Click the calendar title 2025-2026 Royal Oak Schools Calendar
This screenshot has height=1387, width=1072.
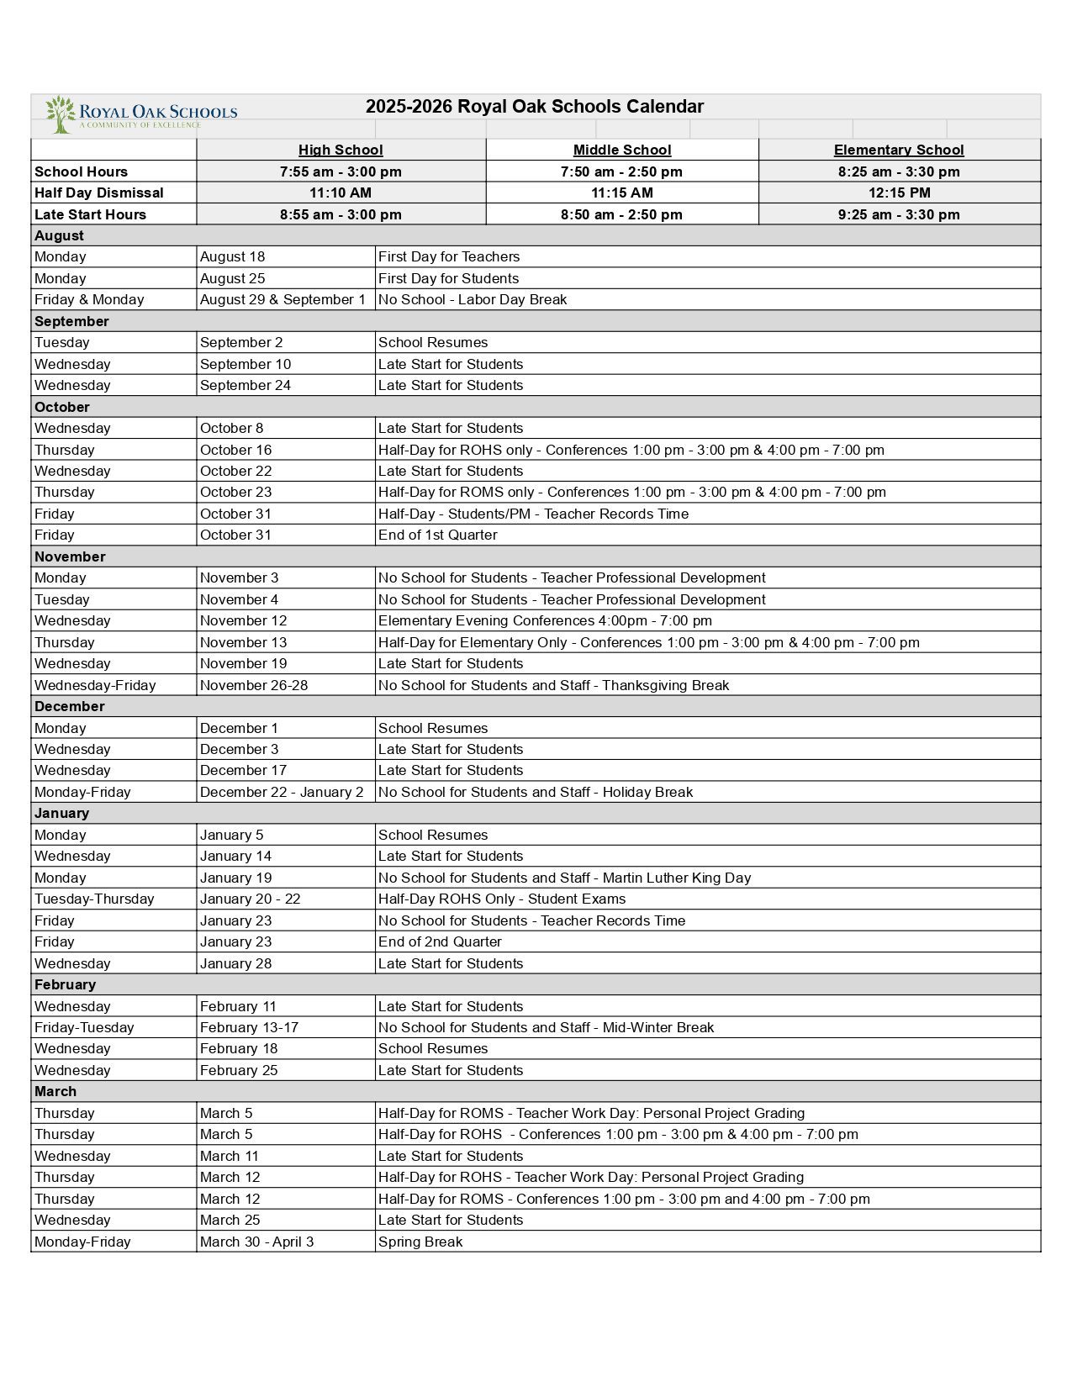pos(534,107)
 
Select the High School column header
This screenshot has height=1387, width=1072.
pos(341,150)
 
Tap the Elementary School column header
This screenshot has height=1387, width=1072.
pos(898,150)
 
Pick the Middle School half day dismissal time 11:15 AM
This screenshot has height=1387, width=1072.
pos(621,192)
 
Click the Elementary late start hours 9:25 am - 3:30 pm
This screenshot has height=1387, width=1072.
pos(898,214)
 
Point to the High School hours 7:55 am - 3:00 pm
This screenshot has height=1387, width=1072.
pos(341,171)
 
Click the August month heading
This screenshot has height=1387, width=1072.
pos(60,236)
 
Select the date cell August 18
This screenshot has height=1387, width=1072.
pos(232,257)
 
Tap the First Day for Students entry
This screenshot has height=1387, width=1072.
pos(448,278)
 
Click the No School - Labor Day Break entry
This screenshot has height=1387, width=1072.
pos(472,300)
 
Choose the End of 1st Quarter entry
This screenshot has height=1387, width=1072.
pos(437,535)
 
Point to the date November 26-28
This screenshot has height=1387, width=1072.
pos(254,685)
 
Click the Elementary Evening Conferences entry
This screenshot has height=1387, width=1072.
pos(545,621)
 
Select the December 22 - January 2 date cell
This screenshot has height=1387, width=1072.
pos(282,792)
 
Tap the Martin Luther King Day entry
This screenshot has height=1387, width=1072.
pos(564,878)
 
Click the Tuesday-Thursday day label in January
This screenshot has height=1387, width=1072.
pos(94,899)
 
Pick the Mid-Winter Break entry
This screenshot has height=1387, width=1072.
pos(546,1027)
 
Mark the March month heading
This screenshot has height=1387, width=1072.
pos(55,1091)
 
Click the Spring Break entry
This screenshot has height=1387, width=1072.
pos(420,1242)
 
